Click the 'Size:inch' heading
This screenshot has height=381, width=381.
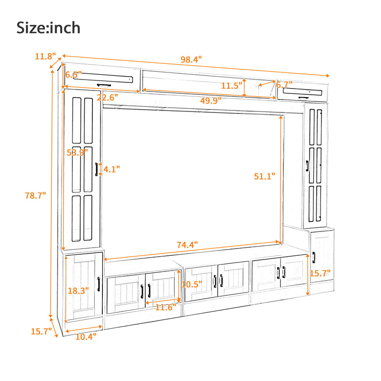(x=49, y=27)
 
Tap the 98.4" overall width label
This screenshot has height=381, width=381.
(x=191, y=60)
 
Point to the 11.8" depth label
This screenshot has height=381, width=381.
(x=45, y=56)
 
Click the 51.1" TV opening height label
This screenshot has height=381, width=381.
(x=265, y=176)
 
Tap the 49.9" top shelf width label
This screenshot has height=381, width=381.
(x=210, y=100)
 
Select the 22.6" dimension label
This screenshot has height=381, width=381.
(x=107, y=98)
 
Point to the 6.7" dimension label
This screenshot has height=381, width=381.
(x=284, y=85)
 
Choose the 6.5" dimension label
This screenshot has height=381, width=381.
(x=73, y=75)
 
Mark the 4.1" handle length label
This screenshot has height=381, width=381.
(x=111, y=169)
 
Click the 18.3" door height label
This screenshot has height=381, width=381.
(x=78, y=290)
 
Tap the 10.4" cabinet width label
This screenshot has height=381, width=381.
(x=86, y=336)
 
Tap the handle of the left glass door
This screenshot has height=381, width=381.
(x=97, y=169)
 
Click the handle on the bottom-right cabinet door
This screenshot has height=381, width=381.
(x=314, y=258)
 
